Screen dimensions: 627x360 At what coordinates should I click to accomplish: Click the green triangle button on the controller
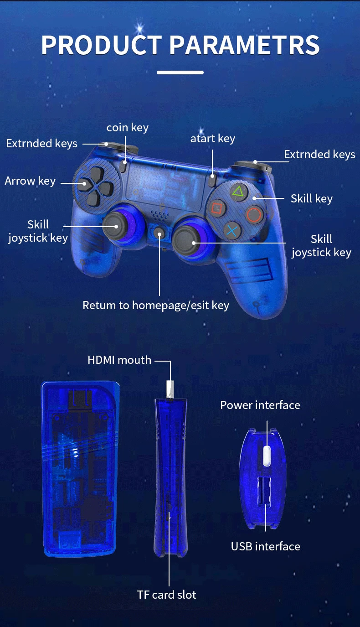237,191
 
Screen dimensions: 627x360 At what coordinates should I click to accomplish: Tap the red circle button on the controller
254,214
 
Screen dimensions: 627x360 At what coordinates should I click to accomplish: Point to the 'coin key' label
127,127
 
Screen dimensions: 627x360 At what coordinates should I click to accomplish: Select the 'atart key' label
212,138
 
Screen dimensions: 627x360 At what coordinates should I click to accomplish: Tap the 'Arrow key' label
30,181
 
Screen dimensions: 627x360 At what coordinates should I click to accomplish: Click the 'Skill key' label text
312,198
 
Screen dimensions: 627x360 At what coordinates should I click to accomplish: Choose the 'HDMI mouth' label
119,360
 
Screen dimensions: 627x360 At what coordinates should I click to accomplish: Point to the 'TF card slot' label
167,595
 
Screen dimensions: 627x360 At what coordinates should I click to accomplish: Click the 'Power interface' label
260,405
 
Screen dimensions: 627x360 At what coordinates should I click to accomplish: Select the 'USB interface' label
266,546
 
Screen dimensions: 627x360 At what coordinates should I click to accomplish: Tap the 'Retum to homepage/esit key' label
156,305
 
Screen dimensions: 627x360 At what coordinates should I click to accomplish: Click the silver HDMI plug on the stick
170,389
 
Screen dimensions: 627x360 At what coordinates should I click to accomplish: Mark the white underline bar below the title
180,72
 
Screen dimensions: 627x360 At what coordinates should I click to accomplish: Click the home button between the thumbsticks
159,234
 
